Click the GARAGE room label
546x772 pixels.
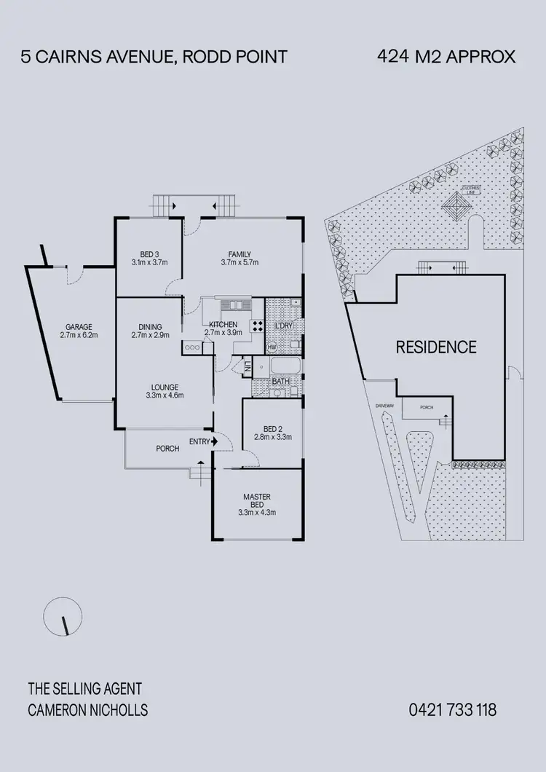[79, 327]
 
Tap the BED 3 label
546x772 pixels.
[149, 254]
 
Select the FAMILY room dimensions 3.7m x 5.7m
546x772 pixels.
[240, 263]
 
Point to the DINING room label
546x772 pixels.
[150, 327]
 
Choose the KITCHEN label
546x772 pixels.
[222, 324]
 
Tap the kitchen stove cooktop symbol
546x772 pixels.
[257, 325]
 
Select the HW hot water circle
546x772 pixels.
[272, 347]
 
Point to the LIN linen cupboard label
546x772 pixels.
[248, 368]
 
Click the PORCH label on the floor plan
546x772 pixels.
[167, 449]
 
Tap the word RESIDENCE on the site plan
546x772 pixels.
[435, 347]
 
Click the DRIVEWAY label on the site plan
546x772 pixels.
[384, 406]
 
